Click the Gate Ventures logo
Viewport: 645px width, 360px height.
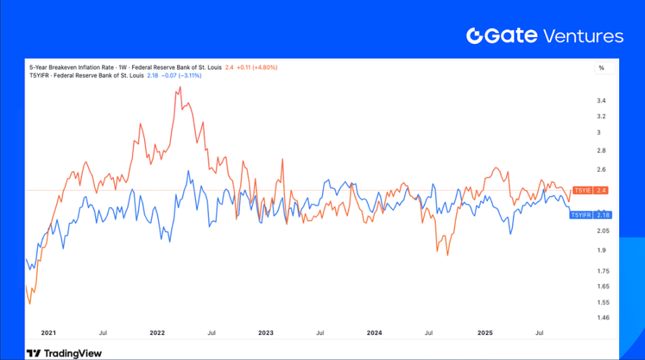[544, 36]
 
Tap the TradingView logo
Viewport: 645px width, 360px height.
[64, 353]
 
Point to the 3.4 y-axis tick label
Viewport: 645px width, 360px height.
[601, 101]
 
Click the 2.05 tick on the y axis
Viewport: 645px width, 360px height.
[602, 231]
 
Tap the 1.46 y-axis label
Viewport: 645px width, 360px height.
[602, 317]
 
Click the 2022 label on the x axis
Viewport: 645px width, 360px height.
[157, 333]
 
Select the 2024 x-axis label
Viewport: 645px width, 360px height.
[374, 333]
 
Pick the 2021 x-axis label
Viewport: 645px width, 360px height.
[49, 333]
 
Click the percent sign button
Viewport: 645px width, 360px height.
[601, 69]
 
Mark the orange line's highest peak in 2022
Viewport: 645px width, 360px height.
[180, 87]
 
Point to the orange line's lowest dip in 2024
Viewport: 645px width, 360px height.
[447, 256]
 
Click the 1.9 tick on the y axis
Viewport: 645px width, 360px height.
[601, 250]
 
